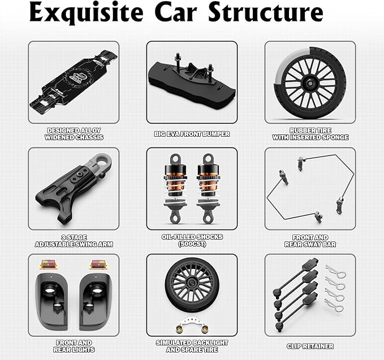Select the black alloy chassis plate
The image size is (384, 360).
point(74,81)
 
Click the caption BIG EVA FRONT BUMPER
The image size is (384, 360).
point(192,134)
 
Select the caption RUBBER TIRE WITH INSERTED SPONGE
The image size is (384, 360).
point(310,134)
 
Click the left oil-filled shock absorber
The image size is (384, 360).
point(175,186)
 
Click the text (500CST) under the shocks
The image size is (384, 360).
point(192,244)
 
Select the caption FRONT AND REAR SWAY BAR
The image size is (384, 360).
point(310,241)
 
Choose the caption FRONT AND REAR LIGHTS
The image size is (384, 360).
point(74,346)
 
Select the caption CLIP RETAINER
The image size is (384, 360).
point(310,346)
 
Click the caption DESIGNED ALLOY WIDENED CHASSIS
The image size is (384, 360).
point(74,134)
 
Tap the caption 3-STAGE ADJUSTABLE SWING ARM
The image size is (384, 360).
point(74,241)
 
